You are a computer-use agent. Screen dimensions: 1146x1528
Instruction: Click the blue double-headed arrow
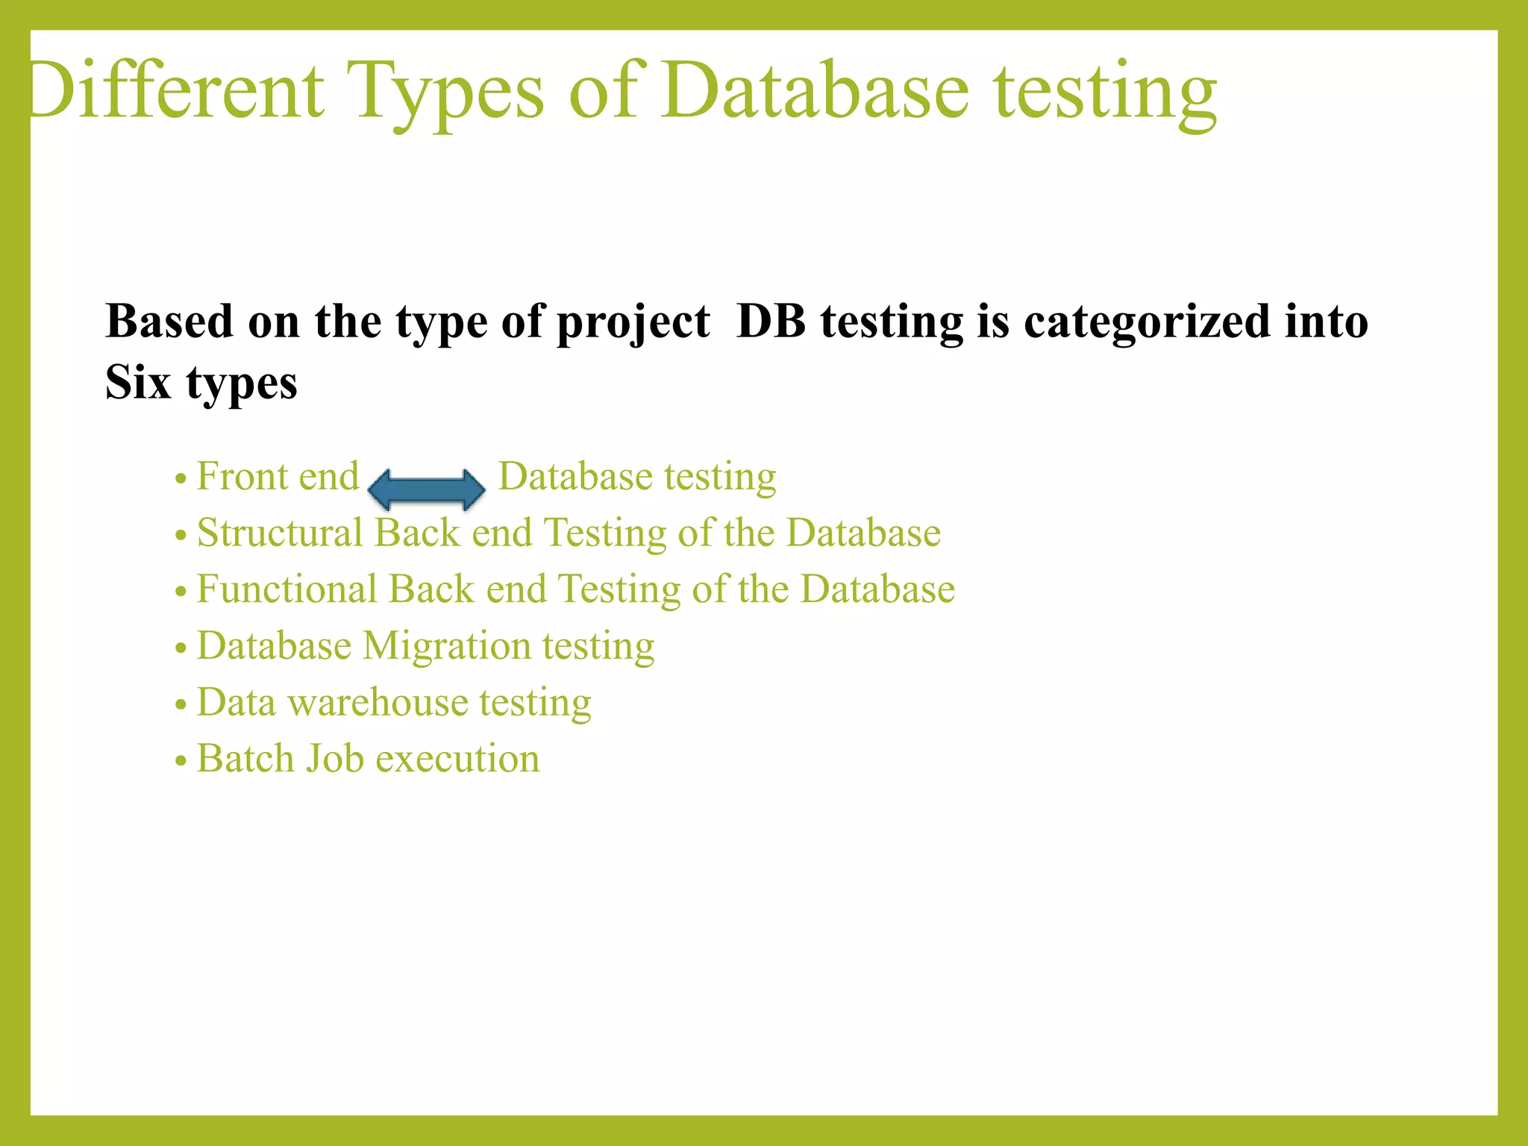click(x=427, y=489)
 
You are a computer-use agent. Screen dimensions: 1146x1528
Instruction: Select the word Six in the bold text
click(x=138, y=382)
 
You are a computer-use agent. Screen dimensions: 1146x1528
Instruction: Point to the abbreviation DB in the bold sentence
click(x=771, y=322)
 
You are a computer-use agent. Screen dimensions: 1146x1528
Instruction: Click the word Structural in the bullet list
click(x=279, y=533)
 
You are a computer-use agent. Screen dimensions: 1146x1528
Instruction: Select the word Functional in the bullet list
click(x=286, y=589)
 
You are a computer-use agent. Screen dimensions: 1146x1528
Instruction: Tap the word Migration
click(x=446, y=646)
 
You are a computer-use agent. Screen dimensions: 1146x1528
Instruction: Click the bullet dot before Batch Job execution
click(x=180, y=762)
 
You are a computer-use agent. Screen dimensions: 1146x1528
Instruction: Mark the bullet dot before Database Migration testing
click(x=180, y=648)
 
